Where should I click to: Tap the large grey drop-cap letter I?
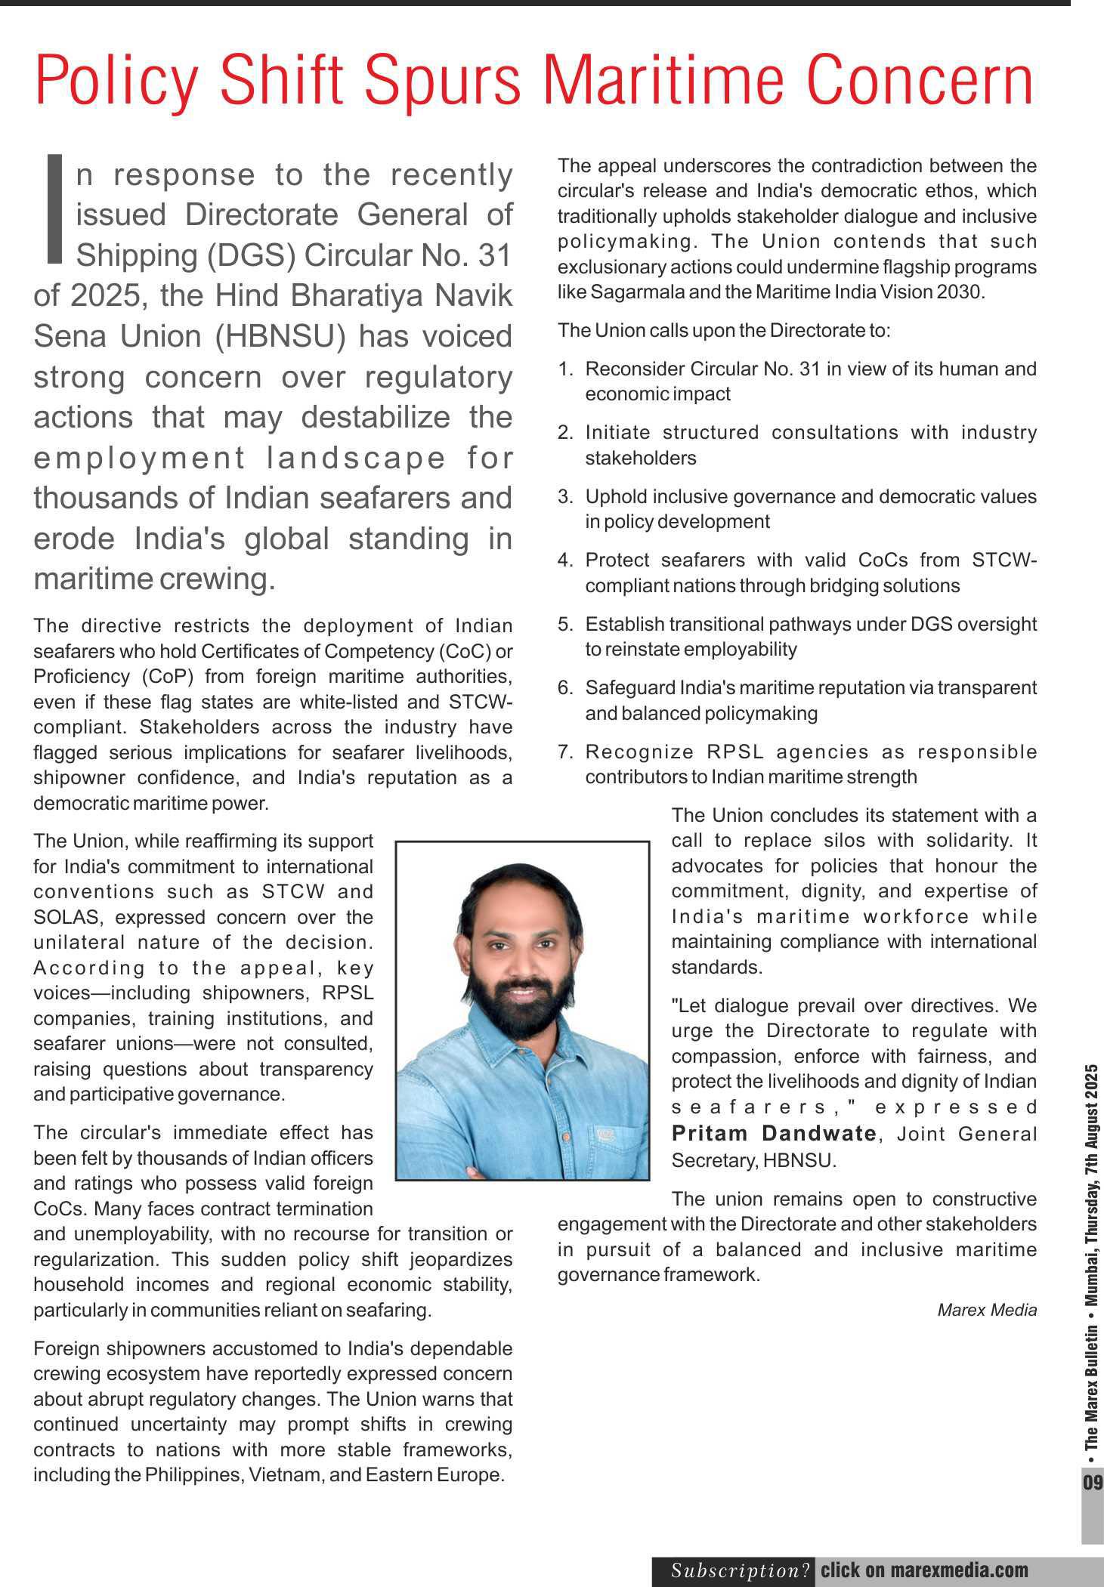54,209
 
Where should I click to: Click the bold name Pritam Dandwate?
773,1133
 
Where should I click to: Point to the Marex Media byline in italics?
986,1310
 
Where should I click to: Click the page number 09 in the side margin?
1093,1480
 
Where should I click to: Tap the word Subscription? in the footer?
741,1571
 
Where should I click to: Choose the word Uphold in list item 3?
616,497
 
